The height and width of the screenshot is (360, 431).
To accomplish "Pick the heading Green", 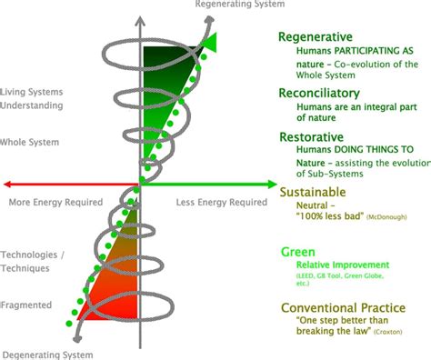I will [298, 250].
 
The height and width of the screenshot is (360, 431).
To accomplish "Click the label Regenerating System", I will [240, 5].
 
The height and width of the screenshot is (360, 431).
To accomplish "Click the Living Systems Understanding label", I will [33, 98].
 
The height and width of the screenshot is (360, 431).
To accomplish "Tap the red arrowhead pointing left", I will [8, 185].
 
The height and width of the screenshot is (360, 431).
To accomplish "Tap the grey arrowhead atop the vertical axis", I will [139, 17].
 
